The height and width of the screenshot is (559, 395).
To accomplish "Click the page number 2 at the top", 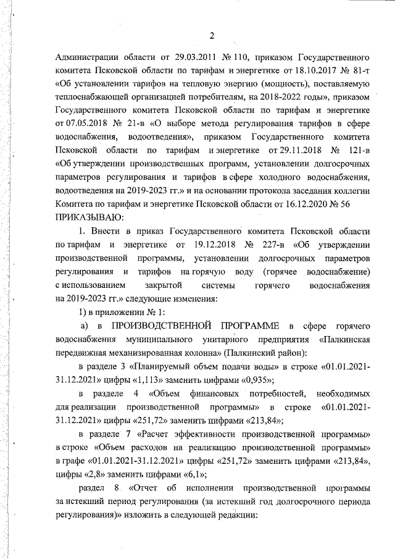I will coord(211,35).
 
